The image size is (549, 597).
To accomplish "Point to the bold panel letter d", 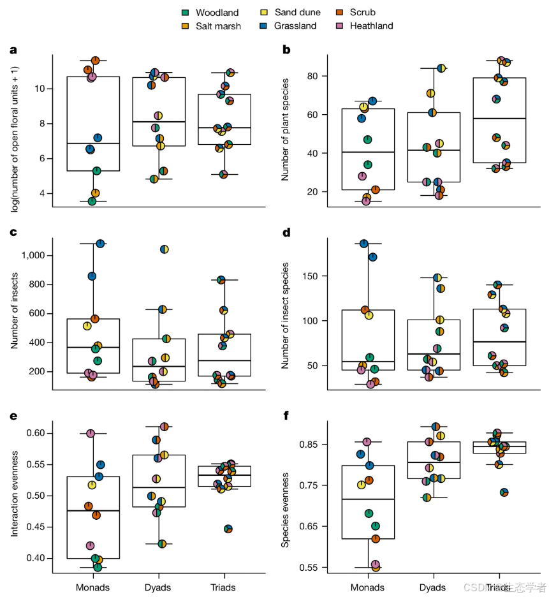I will (x=286, y=232).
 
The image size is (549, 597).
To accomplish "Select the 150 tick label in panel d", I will (x=310, y=276).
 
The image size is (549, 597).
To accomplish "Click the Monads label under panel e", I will (x=93, y=587).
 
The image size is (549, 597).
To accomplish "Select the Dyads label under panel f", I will (x=434, y=587).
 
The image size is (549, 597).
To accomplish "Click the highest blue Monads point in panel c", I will (x=100, y=243).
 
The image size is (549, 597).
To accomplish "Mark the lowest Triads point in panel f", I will (x=504, y=492).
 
